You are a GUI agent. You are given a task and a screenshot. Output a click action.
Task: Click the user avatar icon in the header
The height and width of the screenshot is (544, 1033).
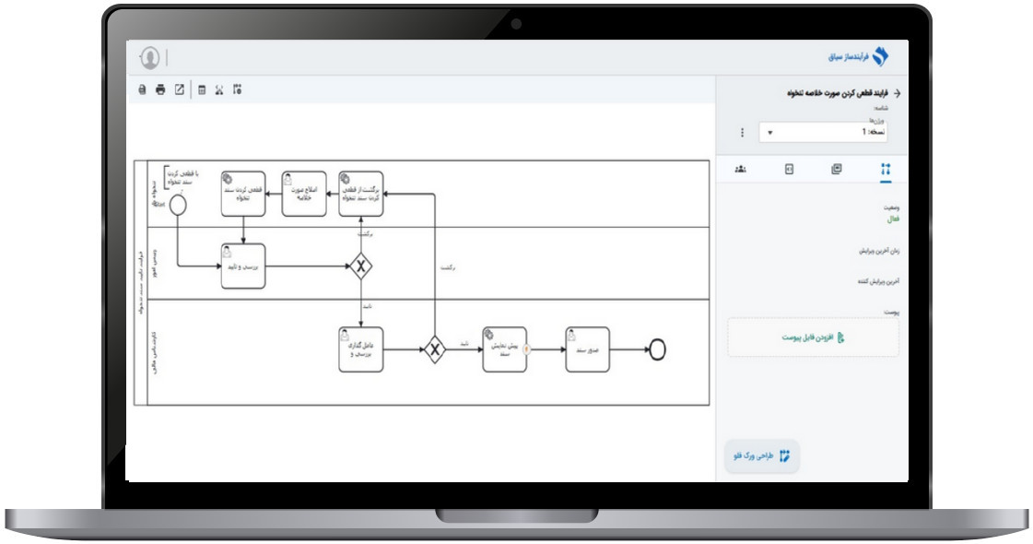click(x=150, y=57)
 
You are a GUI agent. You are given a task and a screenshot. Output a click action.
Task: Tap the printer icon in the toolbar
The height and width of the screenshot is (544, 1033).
click(x=160, y=90)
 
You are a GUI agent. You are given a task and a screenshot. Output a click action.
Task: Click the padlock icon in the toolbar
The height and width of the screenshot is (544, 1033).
click(x=142, y=90)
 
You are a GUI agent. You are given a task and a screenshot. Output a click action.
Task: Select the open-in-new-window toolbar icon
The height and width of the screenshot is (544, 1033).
click(x=180, y=90)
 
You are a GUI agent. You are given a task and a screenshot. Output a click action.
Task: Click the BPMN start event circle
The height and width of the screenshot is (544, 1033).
click(x=178, y=205)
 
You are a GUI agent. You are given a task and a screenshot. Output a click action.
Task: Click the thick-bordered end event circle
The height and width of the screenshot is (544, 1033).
click(x=657, y=349)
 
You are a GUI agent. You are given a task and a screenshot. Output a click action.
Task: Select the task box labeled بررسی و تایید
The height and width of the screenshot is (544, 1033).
click(x=243, y=266)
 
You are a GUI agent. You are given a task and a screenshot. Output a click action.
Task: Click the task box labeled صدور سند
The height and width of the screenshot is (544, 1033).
click(x=588, y=349)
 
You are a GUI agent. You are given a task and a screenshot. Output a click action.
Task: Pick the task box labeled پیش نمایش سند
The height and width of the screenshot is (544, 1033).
click(x=505, y=349)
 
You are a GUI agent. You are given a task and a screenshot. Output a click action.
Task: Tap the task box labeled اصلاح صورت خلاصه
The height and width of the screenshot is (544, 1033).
click(x=303, y=194)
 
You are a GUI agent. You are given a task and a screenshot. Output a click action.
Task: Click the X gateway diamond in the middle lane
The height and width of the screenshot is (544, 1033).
click(x=361, y=266)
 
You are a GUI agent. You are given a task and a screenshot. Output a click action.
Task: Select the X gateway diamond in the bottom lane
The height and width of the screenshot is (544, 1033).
click(x=435, y=349)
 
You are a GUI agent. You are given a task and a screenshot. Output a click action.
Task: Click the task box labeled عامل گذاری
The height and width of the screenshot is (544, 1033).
click(x=360, y=349)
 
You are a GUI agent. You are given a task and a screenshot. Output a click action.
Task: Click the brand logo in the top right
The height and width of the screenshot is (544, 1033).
click(x=880, y=57)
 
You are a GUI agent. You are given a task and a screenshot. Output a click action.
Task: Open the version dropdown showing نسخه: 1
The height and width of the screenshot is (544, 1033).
click(x=824, y=133)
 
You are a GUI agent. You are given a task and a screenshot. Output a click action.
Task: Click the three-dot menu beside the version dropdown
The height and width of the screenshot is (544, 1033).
click(x=743, y=133)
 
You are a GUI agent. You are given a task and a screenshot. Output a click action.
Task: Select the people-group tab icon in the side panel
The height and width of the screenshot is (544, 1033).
click(x=740, y=170)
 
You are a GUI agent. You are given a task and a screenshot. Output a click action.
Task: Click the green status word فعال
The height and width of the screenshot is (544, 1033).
click(x=892, y=219)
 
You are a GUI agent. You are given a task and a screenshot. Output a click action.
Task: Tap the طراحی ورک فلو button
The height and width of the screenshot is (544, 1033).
click(x=762, y=455)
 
